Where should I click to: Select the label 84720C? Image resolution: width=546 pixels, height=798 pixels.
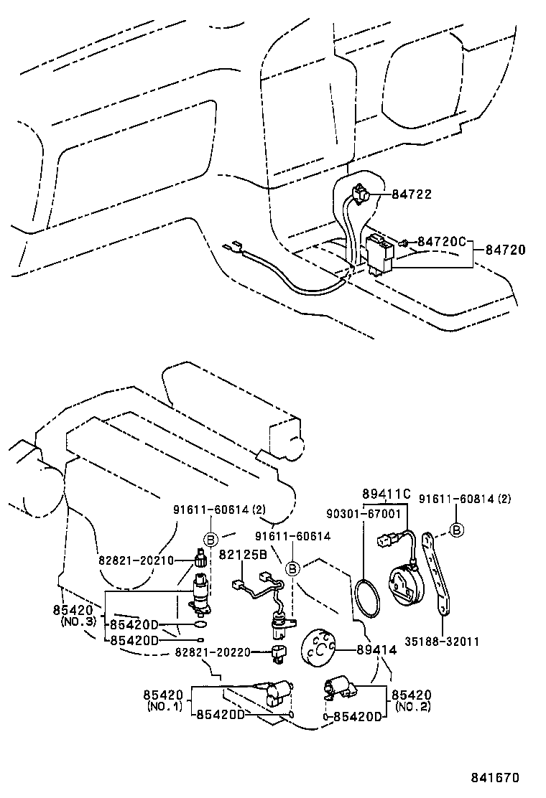442,242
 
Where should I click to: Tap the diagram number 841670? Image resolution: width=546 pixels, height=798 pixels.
495,777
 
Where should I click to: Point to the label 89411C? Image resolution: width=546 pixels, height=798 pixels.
386,494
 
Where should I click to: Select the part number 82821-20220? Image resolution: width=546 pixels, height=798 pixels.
213,652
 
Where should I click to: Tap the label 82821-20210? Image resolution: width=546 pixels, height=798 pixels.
136,560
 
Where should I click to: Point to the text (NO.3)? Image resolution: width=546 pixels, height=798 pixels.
78,621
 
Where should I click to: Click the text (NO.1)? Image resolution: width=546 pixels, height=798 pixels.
165,706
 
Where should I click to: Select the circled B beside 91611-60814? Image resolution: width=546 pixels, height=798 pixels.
458,530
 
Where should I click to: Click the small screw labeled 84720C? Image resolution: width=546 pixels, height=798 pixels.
406,243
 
